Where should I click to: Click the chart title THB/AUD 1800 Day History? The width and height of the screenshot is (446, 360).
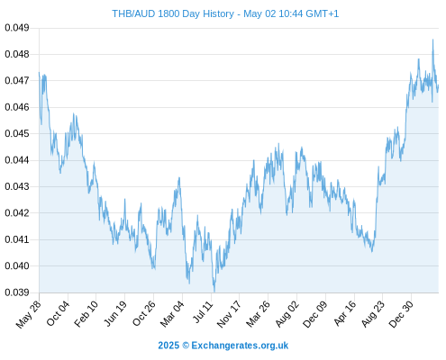coord(173,13)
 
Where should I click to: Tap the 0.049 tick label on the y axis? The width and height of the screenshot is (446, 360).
coord(17,28)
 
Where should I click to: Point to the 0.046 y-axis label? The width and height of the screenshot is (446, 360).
coord(17,107)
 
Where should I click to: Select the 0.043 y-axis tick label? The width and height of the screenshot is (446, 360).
coord(17,186)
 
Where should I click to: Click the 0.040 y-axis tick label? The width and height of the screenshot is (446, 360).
coord(17,265)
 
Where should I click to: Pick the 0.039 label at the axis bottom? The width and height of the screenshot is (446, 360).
coord(17,292)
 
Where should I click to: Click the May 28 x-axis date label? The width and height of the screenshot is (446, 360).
coord(29,314)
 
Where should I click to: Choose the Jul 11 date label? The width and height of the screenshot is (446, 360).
coord(204,312)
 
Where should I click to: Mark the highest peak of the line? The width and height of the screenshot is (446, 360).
coord(432,40)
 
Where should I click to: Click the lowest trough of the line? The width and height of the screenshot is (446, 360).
coord(214,292)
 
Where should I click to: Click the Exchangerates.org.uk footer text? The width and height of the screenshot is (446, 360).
coord(240,346)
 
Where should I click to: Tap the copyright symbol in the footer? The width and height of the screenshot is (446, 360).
coord(186,346)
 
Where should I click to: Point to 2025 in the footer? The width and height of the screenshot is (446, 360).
coord(168,346)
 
